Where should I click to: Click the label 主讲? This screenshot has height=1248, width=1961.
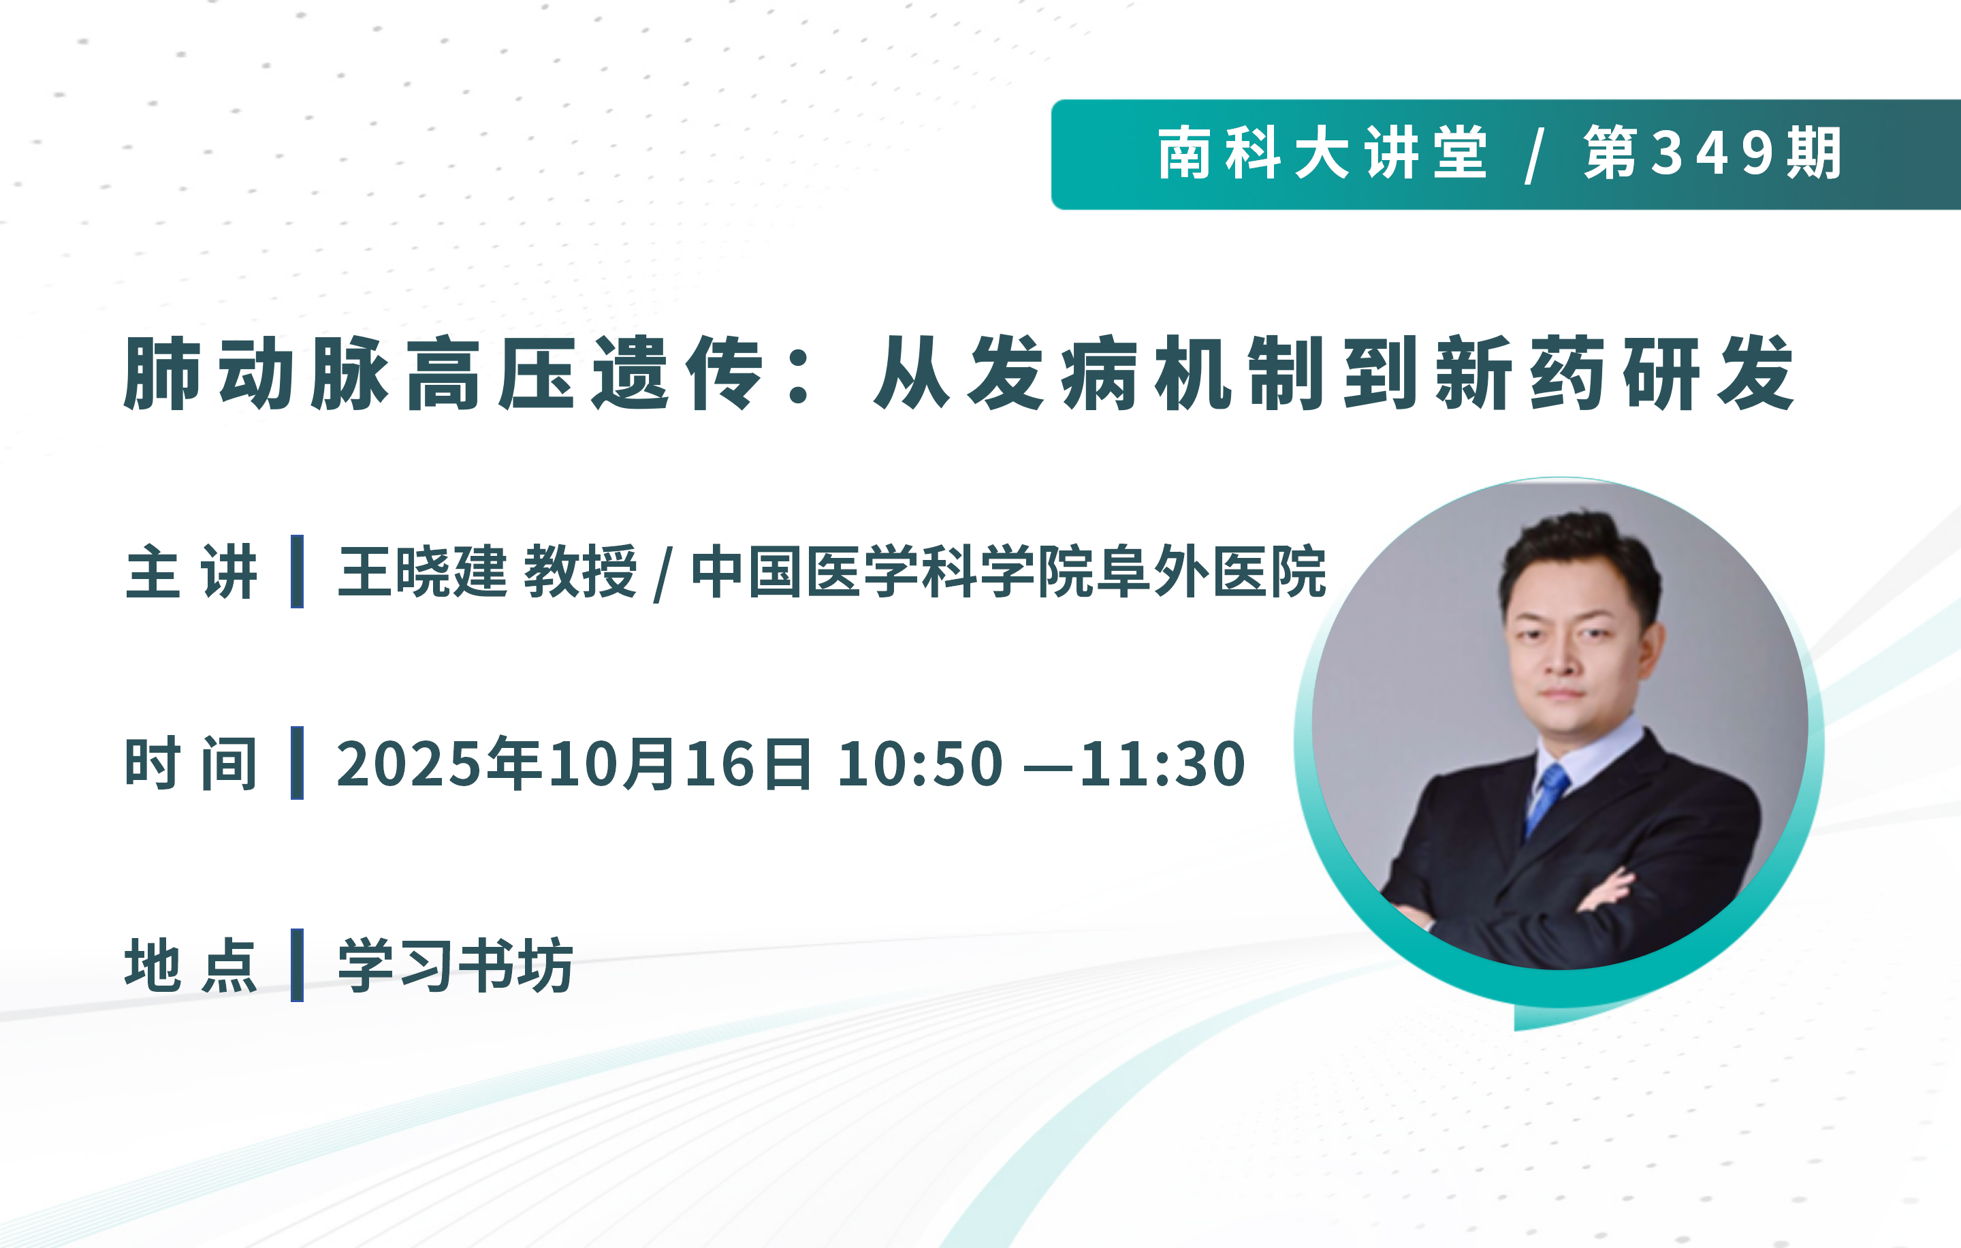pos(192,572)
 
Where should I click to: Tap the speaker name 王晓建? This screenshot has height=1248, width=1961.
pos(423,572)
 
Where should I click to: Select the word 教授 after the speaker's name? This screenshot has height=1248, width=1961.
pos(581,572)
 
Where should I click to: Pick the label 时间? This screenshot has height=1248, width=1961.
pos(192,762)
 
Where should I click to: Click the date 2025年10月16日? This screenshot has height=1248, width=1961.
pos(574,763)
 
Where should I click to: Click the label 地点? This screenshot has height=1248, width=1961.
pos(192,965)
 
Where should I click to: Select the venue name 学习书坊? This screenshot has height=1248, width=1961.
pos(456,965)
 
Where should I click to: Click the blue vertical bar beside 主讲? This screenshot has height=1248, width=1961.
pos(298,571)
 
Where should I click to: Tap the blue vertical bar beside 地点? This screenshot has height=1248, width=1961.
pos(298,965)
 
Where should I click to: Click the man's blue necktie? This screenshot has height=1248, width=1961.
pos(1545,799)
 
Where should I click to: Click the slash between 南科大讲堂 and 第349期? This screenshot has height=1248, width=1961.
pos(1535,155)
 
